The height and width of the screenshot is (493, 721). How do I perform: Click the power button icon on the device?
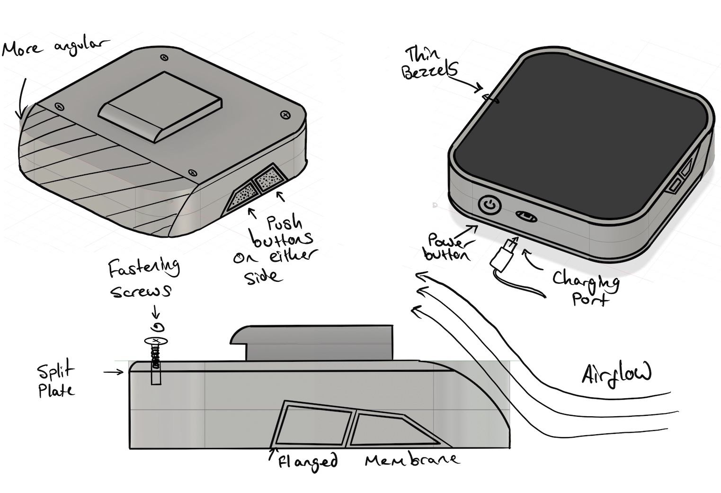[x=490, y=205]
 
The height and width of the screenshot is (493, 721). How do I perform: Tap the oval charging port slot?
[x=527, y=216]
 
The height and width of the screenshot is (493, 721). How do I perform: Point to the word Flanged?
[x=307, y=461]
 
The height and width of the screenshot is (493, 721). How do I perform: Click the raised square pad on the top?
[x=160, y=107]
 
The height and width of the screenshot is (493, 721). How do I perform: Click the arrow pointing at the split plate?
[x=113, y=372]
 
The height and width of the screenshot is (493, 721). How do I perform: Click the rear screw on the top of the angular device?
[x=165, y=57]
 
